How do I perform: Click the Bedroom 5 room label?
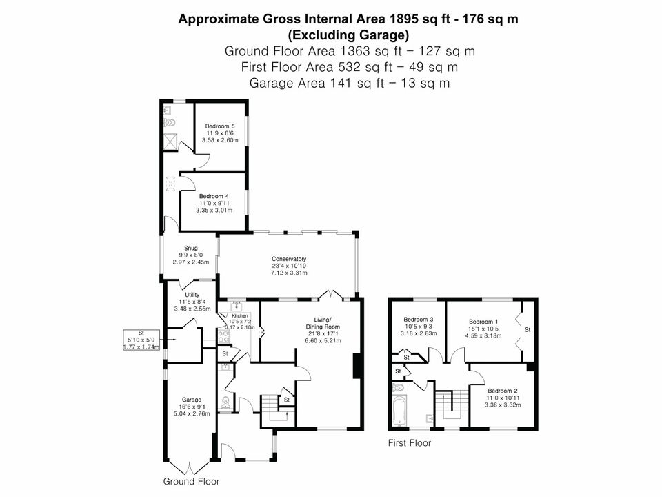pos(220,126)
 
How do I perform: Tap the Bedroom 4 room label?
pos(214,196)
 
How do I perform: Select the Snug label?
pos(191,248)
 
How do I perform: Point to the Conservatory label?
pos(289,259)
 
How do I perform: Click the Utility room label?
pos(192,295)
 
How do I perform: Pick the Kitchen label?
pos(240,315)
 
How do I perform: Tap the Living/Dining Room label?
pos(323,323)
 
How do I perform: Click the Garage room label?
pos(192,400)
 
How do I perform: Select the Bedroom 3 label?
pos(419,320)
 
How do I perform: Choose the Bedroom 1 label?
pos(483,322)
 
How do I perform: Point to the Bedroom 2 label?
pos(503,391)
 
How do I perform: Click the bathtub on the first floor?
pos(399,410)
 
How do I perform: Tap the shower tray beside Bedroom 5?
pos(170,142)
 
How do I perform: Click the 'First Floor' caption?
pos(410,443)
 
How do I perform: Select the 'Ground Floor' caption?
pos(191,481)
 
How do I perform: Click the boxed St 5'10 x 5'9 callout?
pos(141,340)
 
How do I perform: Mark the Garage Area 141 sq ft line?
pos(350,83)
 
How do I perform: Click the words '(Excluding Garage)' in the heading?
pos(348,35)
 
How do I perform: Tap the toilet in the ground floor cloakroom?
pos(226,402)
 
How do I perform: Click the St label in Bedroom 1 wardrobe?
pos(528,330)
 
